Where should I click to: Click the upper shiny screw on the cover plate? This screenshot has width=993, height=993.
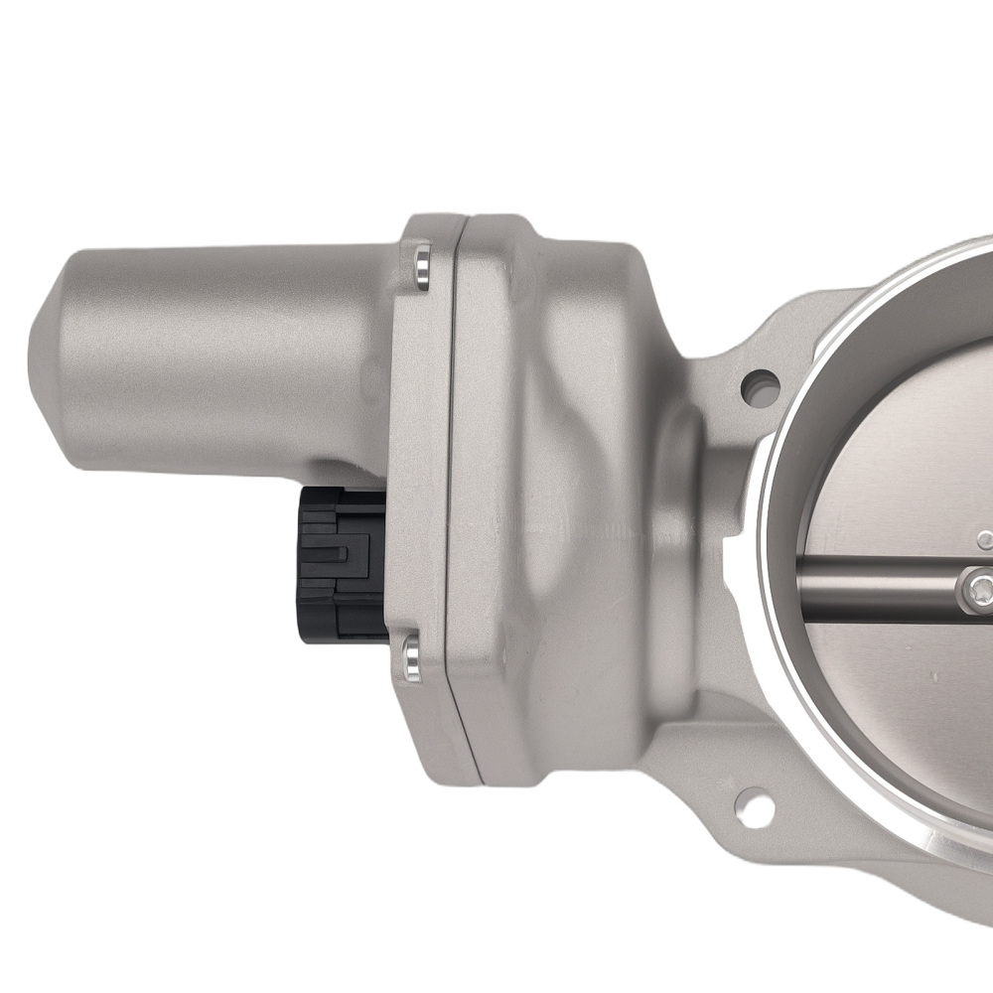point(423,267)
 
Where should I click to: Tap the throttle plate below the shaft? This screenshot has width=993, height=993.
point(894,695)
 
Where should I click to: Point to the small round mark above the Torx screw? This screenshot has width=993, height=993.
point(983,540)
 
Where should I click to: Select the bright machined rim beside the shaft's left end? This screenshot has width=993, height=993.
point(784,586)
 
